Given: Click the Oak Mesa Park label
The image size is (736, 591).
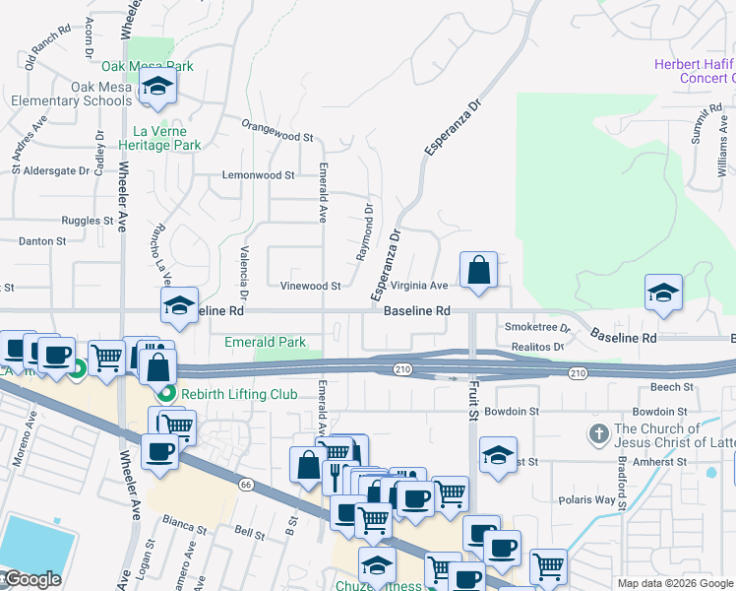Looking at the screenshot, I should point(148,67).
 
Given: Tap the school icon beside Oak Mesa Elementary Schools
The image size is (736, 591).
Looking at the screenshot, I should point(156,89).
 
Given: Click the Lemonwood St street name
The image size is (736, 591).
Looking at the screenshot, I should point(259,175).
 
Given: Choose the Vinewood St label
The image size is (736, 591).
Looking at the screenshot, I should point(310,286).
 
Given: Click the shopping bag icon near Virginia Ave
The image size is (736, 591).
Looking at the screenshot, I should point(478,270).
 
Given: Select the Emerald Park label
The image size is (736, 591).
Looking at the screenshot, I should point(266,342).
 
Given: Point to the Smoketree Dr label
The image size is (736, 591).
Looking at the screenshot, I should point(537,327).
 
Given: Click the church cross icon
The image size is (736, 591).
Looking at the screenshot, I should point(597,433).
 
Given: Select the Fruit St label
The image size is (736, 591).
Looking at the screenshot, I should point(472,402).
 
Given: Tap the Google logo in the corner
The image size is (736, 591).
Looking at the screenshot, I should point(31,579).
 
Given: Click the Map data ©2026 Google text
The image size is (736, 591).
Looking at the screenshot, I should point(675,583).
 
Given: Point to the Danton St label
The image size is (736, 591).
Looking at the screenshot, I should point(42,240).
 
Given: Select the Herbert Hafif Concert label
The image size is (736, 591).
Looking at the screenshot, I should point(695,71).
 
